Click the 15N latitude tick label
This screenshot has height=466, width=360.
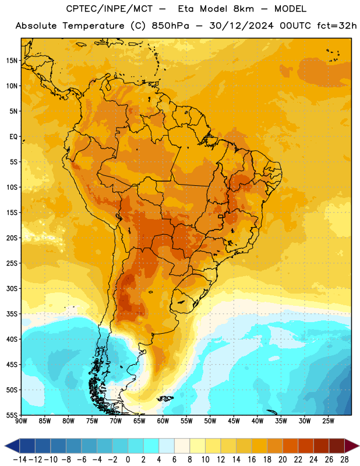coord(12,61)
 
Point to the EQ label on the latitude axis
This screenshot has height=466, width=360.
coord(13,137)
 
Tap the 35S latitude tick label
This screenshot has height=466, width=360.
coord(12,314)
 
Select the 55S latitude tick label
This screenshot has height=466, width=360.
coord(12,415)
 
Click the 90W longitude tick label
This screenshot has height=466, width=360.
coord(21,421)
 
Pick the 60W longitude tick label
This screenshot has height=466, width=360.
coord(163,421)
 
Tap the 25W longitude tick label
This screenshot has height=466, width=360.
coord(328,421)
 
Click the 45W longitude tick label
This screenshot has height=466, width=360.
coord(234,421)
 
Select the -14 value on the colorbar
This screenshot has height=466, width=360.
coord(20,460)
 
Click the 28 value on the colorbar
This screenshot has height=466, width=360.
coord(344,460)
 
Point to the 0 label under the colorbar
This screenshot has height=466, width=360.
coord(128,460)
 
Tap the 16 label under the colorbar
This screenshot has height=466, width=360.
coord(252,460)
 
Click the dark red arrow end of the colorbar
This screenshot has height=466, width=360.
coord(351,446)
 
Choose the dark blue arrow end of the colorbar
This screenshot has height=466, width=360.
coord(12,446)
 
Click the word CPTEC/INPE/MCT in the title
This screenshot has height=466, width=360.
coord(109,9)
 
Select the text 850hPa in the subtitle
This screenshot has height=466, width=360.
coord(170,26)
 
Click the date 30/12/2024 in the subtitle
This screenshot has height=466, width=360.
coord(241,26)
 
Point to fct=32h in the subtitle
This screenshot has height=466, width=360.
coord(337,26)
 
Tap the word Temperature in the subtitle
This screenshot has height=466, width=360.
coord(93,26)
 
